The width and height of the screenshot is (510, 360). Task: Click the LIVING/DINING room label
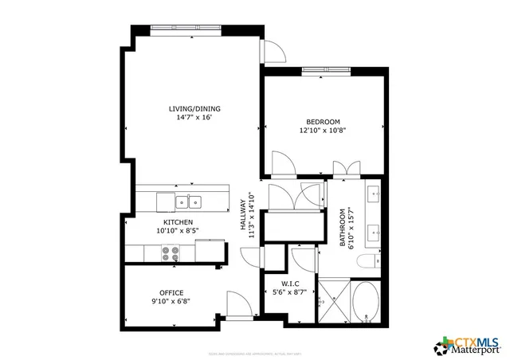pyautogui.click(x=194, y=108)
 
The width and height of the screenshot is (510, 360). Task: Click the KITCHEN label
pyautogui.click(x=177, y=222)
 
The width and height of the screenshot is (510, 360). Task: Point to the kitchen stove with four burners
pyautogui.click(x=171, y=252)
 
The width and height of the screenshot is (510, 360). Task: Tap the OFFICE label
pyautogui.click(x=171, y=292)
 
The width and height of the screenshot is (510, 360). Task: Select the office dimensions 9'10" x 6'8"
pyautogui.click(x=171, y=300)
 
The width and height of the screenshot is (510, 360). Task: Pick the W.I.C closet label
pyautogui.click(x=290, y=284)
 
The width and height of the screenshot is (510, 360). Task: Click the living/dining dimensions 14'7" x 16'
pyautogui.click(x=194, y=117)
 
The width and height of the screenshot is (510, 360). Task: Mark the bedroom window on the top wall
pyautogui.click(x=325, y=71)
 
